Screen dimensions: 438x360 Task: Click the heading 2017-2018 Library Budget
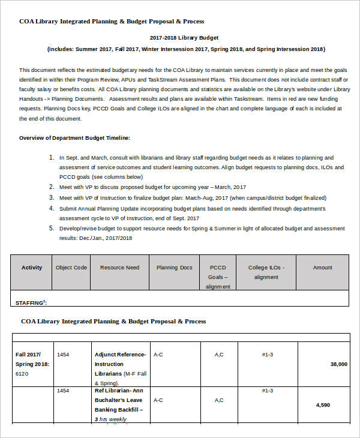[x=184, y=37]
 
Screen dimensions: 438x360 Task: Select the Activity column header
[x=32, y=268]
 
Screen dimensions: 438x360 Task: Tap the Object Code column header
[x=71, y=268]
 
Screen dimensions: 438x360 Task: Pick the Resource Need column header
[x=119, y=268]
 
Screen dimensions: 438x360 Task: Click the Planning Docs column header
[x=175, y=268]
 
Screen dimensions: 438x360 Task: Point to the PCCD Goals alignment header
[x=218, y=277]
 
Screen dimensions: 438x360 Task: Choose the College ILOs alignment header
[x=266, y=272]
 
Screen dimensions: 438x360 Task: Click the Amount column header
[x=322, y=268]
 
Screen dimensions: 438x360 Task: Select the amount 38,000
[x=338, y=364]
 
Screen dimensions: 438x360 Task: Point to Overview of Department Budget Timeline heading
[x=74, y=138]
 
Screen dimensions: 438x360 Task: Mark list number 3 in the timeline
[x=52, y=197]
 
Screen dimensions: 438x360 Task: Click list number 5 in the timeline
[x=52, y=228]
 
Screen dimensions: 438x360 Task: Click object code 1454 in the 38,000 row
[x=63, y=355]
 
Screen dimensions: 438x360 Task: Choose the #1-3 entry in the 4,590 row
[x=267, y=391]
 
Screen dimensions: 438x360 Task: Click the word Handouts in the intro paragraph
[x=31, y=99]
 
